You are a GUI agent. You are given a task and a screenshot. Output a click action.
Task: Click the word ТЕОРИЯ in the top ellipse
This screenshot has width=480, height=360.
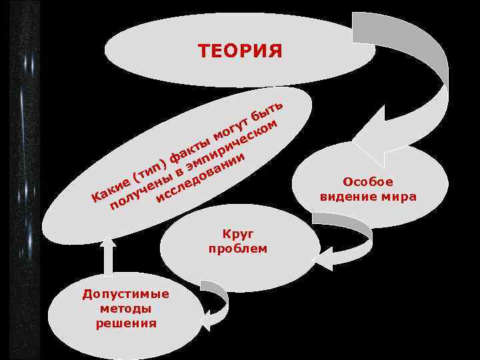click(240, 51)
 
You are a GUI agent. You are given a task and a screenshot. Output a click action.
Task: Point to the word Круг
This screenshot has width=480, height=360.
click(237, 234)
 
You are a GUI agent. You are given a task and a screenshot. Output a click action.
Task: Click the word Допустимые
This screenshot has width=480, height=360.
click(125, 294)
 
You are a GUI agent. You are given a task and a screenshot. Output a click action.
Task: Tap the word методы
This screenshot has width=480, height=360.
click(125, 309)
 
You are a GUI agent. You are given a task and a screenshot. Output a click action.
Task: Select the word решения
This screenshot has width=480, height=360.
click(125, 323)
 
